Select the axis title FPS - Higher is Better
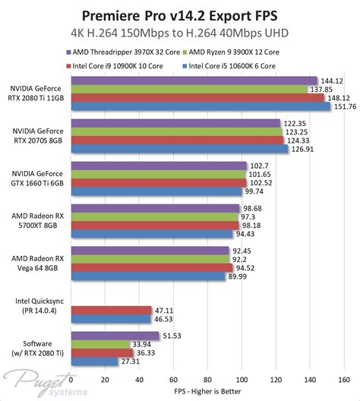208,392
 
